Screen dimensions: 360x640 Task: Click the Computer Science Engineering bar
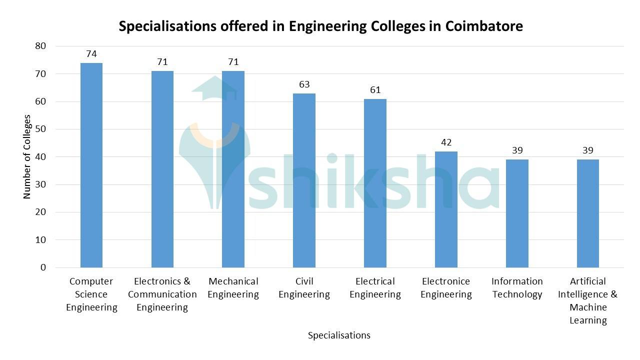pos(91,165)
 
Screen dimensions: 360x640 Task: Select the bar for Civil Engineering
pos(304,180)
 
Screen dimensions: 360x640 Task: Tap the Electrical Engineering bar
pos(375,183)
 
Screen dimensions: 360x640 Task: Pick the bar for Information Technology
pos(517,213)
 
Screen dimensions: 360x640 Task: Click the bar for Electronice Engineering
pos(446,209)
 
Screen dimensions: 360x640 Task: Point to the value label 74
pos(91,54)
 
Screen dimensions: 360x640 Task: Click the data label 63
pos(304,84)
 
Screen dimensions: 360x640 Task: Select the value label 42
pos(446,142)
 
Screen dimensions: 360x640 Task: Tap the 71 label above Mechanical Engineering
pos(233,62)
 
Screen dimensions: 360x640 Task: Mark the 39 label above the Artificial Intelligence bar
pos(588,150)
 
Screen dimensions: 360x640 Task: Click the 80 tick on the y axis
pos(40,46)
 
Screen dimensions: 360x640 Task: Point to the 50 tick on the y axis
pos(40,129)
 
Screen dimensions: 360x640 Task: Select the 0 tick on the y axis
pos(43,267)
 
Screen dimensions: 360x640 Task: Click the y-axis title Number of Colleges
pos(27,157)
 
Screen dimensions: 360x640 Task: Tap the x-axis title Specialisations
pos(339,335)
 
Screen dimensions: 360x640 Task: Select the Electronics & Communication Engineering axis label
pos(162,294)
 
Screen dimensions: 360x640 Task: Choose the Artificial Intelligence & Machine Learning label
pos(588,301)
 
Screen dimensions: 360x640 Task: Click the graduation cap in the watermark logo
pos(215,89)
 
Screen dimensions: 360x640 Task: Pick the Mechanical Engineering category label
pos(233,288)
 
